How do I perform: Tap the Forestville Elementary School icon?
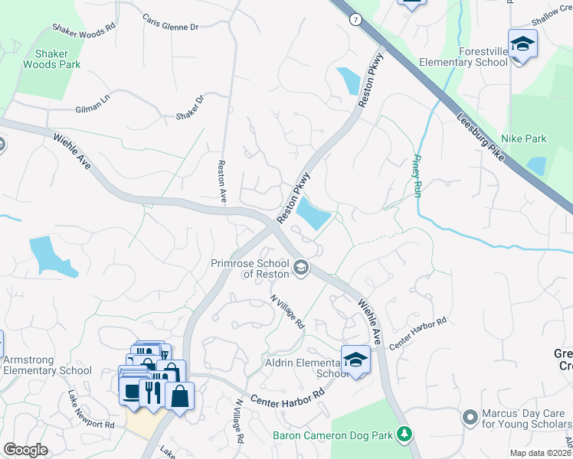[522, 44]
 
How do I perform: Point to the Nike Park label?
[526, 138]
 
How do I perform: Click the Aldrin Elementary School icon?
[356, 359]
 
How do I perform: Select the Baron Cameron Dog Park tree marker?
[405, 435]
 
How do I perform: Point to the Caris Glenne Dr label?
[169, 21]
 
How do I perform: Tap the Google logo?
[25, 450]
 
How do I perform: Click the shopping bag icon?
[179, 396]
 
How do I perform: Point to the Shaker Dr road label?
[191, 107]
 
